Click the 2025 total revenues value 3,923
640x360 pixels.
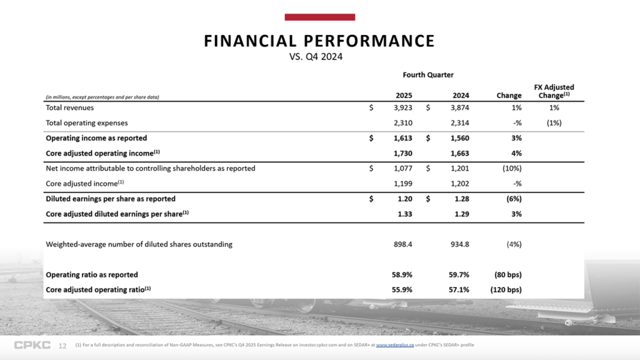(401, 107)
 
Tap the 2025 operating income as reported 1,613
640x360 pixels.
(401, 137)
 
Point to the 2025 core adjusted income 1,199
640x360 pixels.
(401, 183)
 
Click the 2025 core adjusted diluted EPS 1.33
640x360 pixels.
(404, 214)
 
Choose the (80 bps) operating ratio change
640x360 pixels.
(507, 274)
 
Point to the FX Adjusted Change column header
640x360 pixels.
(554, 91)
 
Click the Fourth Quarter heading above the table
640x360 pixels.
(428, 75)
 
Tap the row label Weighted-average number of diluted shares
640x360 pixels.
(139, 244)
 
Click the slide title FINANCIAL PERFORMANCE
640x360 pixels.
(319, 41)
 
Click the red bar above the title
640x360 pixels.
(319, 17)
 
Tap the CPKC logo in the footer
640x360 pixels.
(32, 346)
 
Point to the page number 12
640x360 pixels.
(62, 346)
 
